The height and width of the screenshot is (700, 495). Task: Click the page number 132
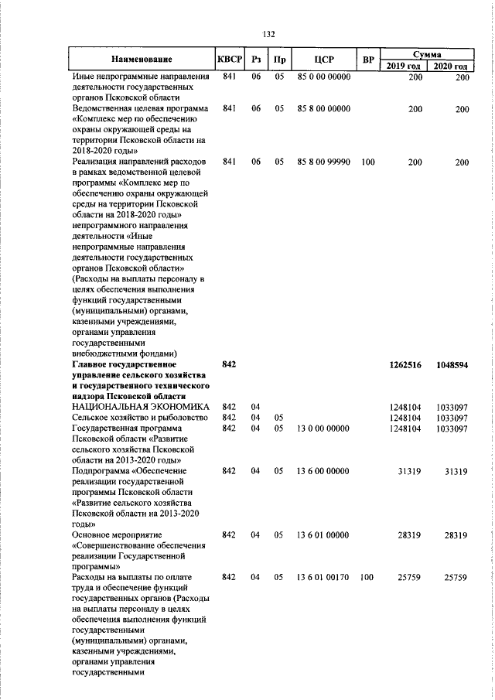(x=268, y=34)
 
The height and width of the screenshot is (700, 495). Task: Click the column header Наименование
(x=142, y=60)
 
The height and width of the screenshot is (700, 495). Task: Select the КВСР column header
(x=230, y=60)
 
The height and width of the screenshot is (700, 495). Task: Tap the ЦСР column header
(x=324, y=60)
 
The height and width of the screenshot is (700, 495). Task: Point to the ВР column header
(x=368, y=60)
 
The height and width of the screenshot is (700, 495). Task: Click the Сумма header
(x=427, y=55)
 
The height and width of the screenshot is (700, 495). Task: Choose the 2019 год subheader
(x=404, y=67)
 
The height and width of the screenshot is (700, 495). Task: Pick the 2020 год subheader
(x=452, y=67)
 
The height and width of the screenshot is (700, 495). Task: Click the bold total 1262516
(x=405, y=364)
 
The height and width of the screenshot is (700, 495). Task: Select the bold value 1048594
(x=452, y=364)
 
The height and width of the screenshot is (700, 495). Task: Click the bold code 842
(x=229, y=364)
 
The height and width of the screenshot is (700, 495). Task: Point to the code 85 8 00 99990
(x=323, y=162)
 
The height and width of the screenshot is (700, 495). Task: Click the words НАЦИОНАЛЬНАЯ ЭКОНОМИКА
(x=140, y=406)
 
